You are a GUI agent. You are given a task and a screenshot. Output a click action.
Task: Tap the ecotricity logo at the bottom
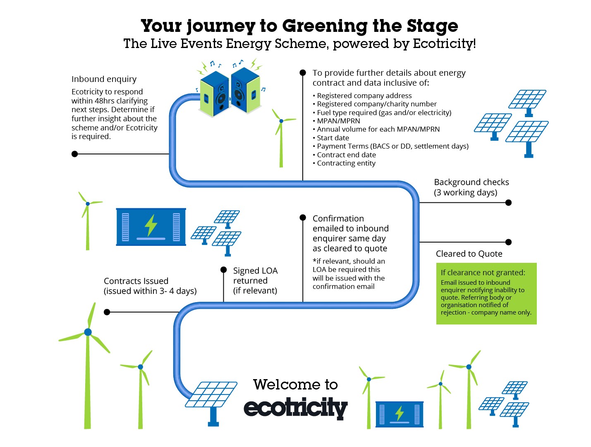[295, 408]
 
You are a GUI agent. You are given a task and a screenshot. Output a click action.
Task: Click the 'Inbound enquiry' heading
[104, 79]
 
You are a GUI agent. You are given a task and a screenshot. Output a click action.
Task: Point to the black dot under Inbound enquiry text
[75, 154]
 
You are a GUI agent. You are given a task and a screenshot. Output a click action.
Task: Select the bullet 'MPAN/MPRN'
[338, 121]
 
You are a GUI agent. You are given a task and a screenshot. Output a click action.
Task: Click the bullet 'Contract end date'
[346, 155]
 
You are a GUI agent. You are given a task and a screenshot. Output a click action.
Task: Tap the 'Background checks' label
[471, 182]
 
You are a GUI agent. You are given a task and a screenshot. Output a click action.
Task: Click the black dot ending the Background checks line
[509, 203]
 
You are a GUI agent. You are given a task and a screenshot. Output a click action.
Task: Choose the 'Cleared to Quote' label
[469, 254]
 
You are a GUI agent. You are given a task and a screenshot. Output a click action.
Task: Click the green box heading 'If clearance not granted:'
[483, 272]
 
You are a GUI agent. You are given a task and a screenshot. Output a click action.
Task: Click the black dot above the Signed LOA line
[224, 270]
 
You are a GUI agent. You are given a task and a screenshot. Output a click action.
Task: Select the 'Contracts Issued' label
[136, 281]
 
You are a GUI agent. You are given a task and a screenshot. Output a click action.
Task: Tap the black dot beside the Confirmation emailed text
[303, 218]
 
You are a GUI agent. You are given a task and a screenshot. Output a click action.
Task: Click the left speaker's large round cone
[221, 99]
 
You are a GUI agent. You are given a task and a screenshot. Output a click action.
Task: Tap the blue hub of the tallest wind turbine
[88, 332]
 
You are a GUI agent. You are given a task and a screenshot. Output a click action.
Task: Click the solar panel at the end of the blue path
[211, 395]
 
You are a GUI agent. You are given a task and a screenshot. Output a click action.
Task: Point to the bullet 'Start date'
[333, 138]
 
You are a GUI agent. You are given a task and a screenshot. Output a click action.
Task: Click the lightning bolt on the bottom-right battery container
[400, 413]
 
